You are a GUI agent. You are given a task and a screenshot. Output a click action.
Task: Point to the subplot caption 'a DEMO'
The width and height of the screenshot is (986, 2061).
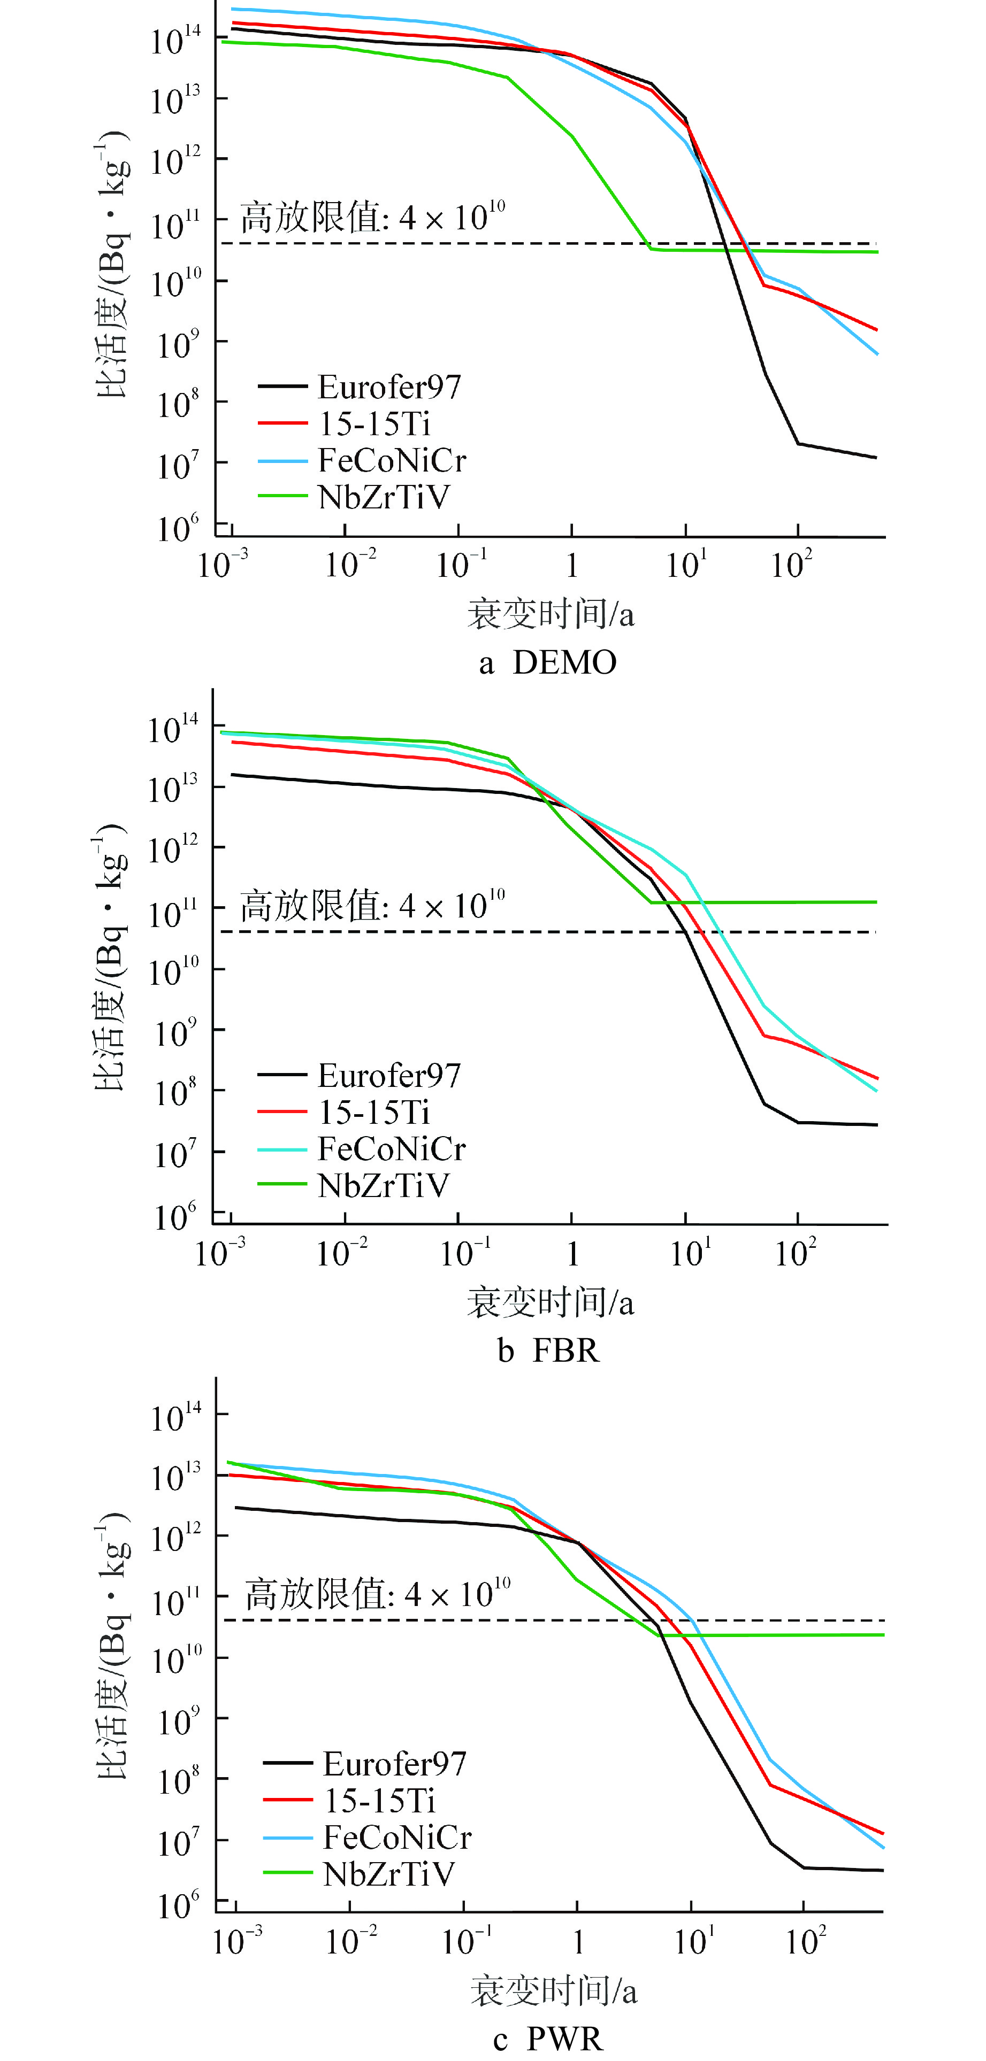click(548, 662)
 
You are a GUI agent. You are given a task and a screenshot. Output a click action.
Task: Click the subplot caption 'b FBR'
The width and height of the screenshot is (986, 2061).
click(548, 1350)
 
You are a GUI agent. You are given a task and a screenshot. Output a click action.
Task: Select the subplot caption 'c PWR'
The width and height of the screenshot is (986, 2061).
click(548, 2039)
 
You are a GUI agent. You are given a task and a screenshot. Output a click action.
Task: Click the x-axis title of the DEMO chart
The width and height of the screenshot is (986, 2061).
click(551, 614)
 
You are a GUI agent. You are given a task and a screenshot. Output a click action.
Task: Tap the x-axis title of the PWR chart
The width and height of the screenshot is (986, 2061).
click(554, 1990)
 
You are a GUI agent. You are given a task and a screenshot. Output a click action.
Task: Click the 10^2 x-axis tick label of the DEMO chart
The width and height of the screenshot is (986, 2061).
click(792, 565)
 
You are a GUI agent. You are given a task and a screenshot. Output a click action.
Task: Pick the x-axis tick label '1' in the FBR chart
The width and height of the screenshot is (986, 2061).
click(572, 1254)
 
